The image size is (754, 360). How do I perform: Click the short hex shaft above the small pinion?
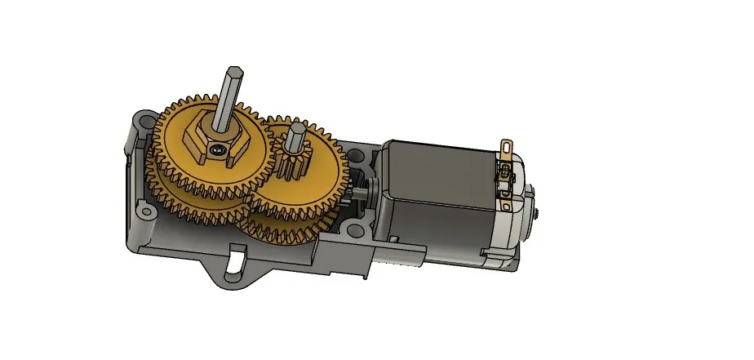(296, 132)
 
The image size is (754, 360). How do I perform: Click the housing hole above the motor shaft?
(356, 153)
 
